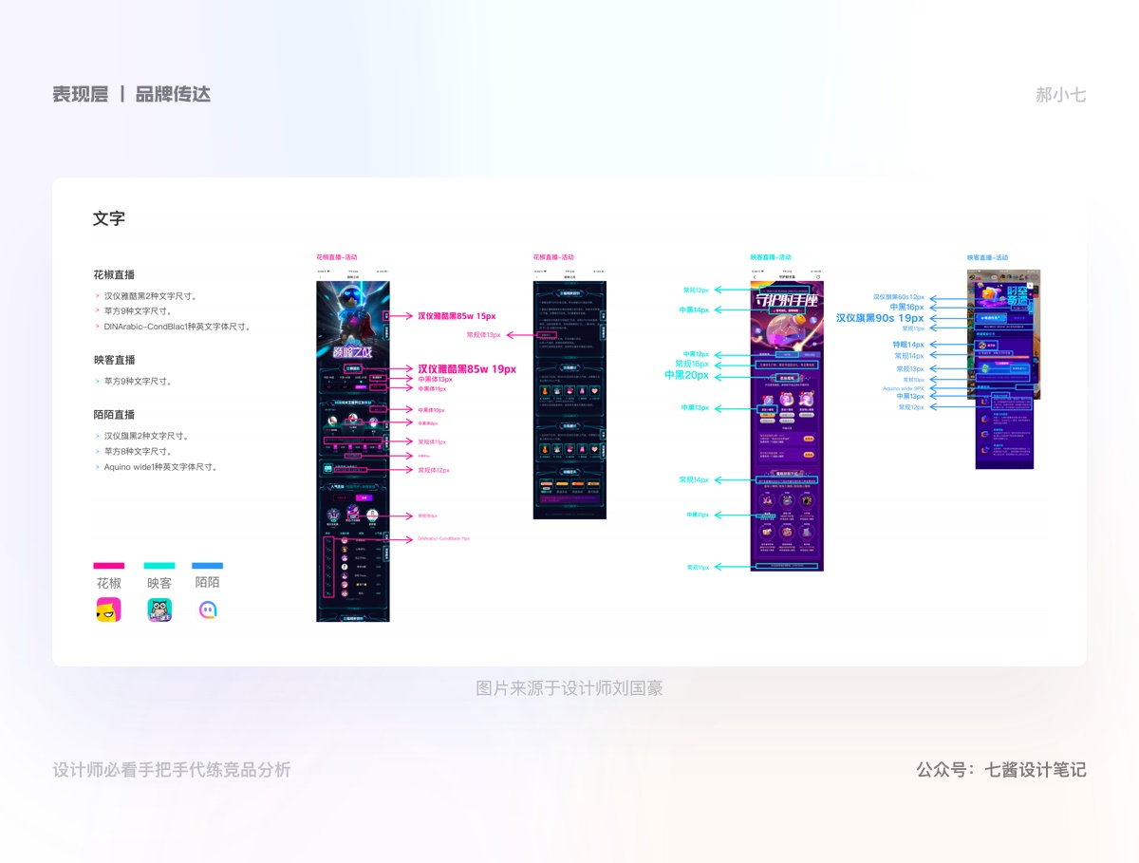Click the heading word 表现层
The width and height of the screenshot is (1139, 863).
81,94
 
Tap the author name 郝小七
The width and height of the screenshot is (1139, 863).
1060,95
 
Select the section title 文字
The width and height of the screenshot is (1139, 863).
109,218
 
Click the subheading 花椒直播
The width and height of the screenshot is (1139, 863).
114,274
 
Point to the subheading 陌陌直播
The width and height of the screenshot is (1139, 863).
114,415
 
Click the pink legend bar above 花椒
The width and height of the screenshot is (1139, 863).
108,566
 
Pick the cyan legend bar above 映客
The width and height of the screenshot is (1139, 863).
159,566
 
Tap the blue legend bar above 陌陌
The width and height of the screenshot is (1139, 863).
207,566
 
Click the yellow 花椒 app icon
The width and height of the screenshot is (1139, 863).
108,610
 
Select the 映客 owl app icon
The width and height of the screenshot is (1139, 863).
159,610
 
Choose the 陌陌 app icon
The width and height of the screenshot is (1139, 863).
208,610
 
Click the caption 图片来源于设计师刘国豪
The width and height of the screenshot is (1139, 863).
569,688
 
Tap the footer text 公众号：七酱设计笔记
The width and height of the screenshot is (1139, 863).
1001,770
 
